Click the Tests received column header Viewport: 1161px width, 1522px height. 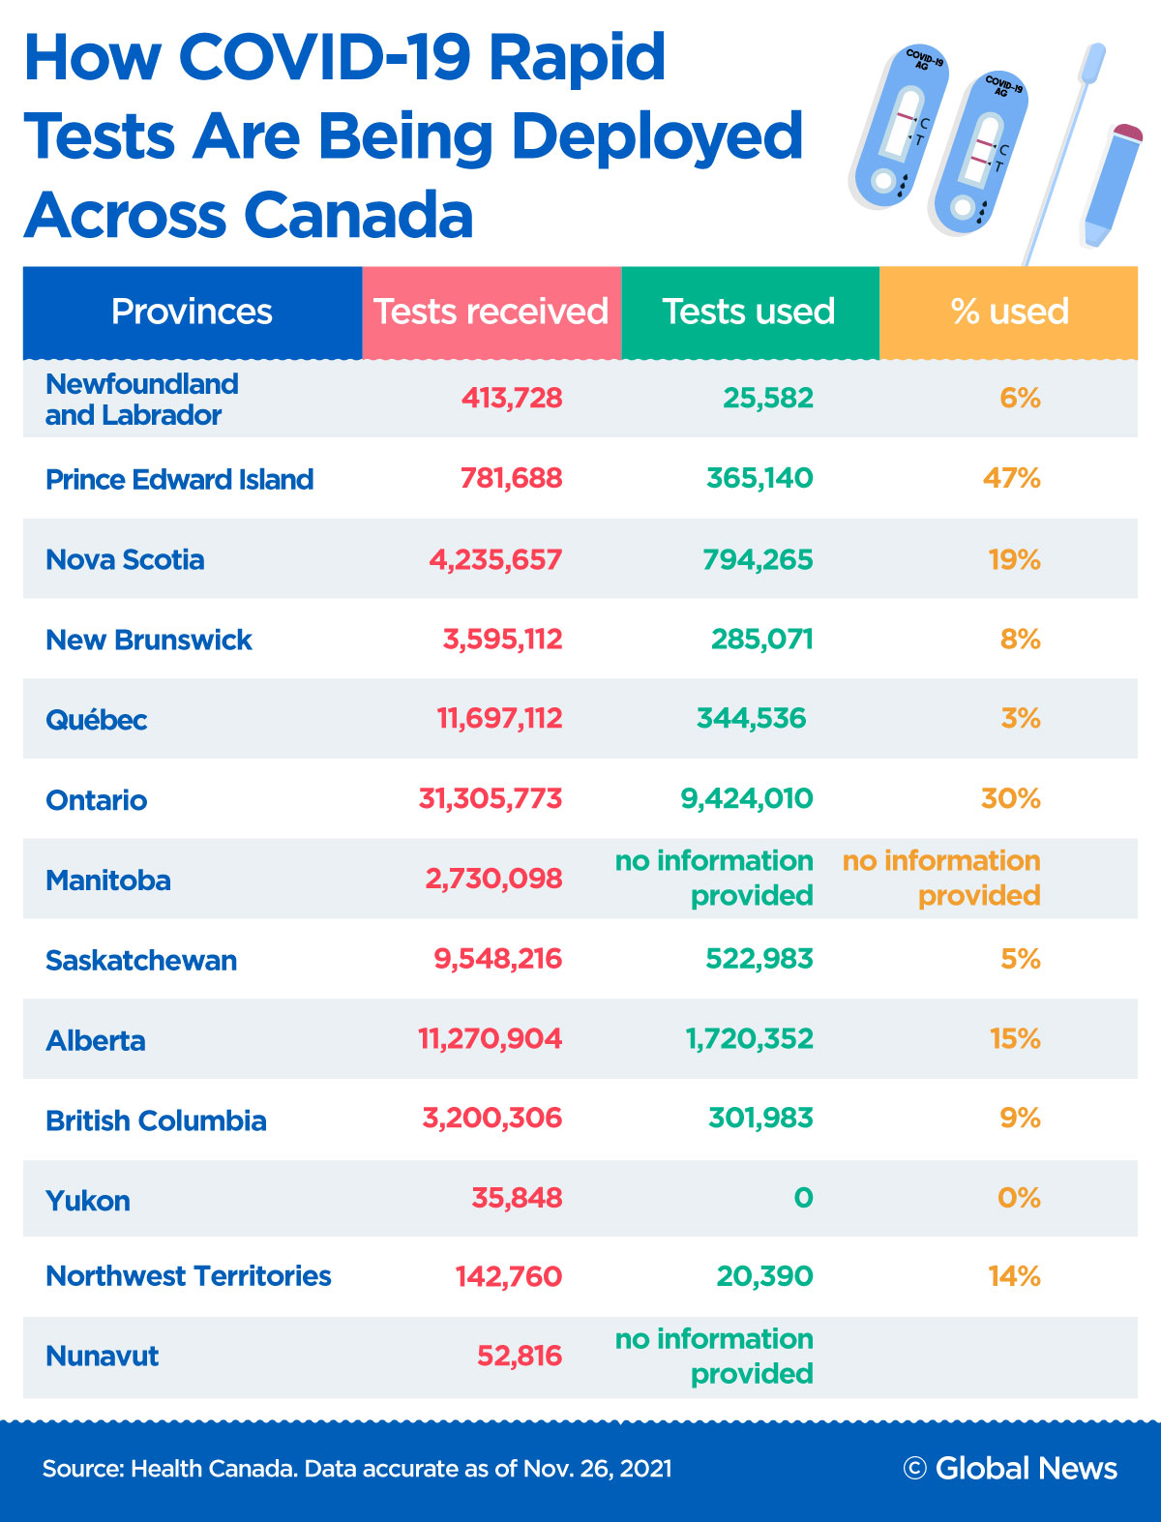[491, 312]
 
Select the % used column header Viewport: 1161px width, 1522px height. [1009, 312]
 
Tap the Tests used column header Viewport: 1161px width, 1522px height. [749, 312]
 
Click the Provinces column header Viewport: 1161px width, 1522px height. [192, 312]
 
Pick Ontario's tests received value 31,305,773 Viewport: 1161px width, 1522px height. [491, 798]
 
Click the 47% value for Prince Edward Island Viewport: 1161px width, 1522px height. [1012, 478]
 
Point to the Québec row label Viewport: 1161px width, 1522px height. [97, 720]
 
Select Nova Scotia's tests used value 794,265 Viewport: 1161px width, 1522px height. [759, 559]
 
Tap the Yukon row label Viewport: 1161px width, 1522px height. [88, 1201]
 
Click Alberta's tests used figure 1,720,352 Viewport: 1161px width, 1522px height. [750, 1038]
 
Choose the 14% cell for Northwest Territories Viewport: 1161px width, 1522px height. [1014, 1276]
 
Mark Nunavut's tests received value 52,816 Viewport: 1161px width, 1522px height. [520, 1356]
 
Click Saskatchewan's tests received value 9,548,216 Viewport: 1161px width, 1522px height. [498, 958]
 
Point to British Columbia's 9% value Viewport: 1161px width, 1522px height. [1021, 1119]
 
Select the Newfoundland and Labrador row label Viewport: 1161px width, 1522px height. [141, 399]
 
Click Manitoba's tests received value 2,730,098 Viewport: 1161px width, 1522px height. [494, 879]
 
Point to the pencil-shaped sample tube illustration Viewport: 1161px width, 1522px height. [1112, 184]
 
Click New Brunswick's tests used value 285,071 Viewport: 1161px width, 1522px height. [762, 639]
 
